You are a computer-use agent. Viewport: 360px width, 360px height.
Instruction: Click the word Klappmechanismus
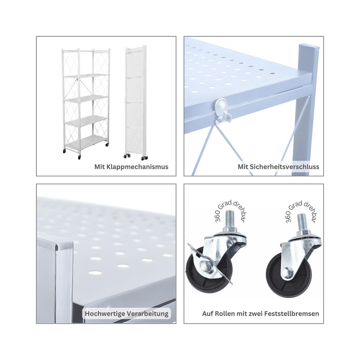(x=137, y=166)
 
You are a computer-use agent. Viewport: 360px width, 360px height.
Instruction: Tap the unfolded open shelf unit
(x=86, y=103)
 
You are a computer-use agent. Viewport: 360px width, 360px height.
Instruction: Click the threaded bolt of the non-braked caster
(x=301, y=223)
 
